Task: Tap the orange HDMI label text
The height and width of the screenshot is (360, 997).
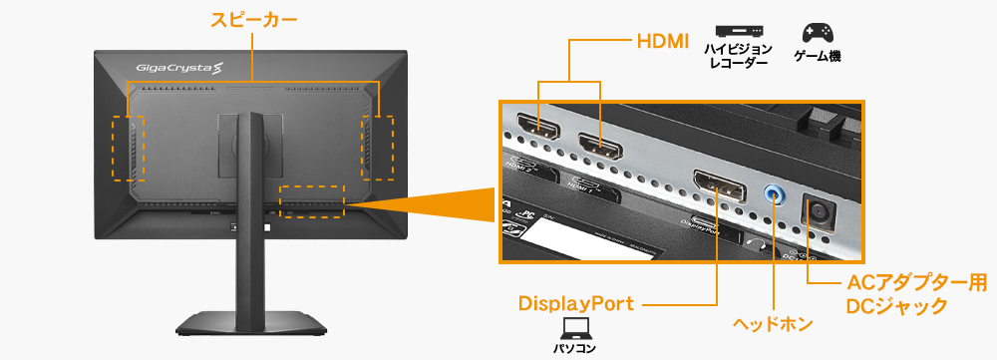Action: point(662,41)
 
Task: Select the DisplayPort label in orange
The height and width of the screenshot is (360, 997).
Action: point(575,303)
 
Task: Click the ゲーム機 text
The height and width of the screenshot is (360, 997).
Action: point(817,57)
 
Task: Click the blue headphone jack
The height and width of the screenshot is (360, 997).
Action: point(774,193)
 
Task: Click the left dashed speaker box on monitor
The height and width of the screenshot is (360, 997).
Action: point(128,148)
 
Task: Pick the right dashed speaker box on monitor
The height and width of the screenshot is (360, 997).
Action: point(377,147)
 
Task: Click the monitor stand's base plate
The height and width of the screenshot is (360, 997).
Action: point(253,323)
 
